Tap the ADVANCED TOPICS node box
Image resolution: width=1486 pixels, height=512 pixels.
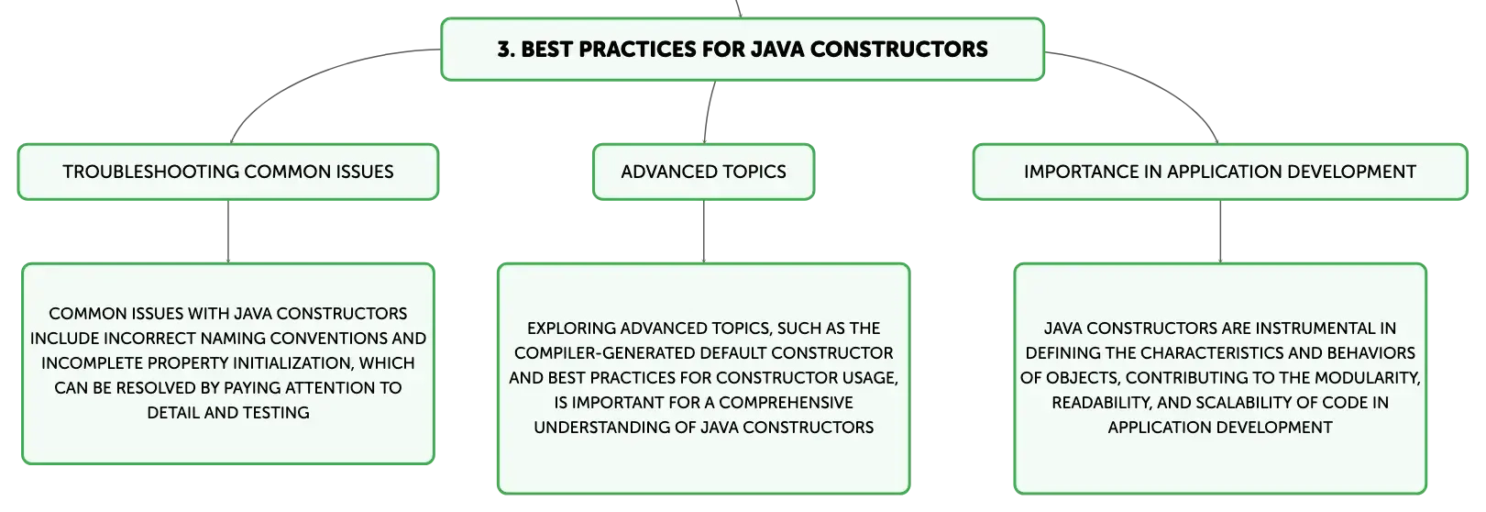click(x=704, y=172)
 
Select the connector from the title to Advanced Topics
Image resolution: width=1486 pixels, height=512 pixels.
click(x=708, y=112)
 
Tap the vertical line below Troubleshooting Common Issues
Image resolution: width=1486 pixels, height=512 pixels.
click(x=228, y=232)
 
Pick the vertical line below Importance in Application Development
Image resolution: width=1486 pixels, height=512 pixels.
click(x=1220, y=232)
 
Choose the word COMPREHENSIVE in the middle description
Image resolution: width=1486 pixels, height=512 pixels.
click(x=787, y=403)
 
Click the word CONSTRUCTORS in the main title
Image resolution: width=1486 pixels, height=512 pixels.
click(x=899, y=50)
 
